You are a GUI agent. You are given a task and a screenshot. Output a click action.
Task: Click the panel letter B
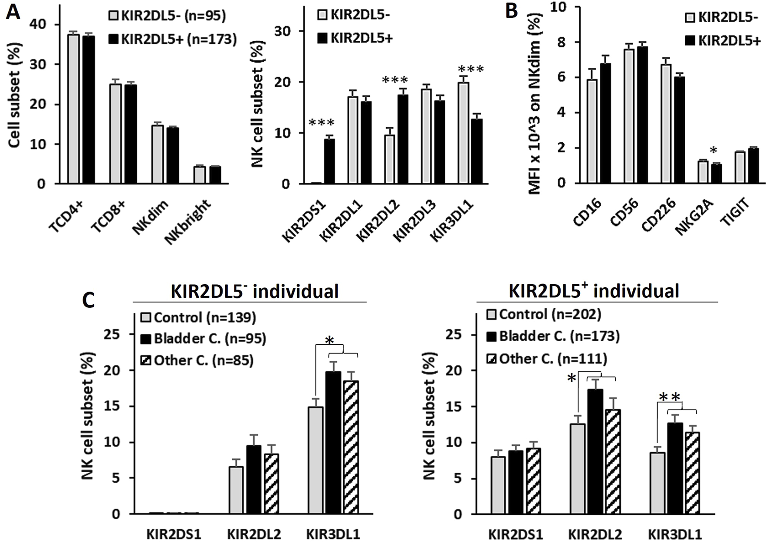point(512,10)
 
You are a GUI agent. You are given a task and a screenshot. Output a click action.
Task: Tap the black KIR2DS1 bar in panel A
point(329,161)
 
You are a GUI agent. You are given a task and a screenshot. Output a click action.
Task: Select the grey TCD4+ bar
point(73,109)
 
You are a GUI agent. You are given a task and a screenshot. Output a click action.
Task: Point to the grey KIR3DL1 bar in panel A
point(463,133)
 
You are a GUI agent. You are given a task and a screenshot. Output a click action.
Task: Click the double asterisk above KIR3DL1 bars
point(670,397)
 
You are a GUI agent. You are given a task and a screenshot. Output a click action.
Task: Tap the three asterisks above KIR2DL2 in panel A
point(394,80)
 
